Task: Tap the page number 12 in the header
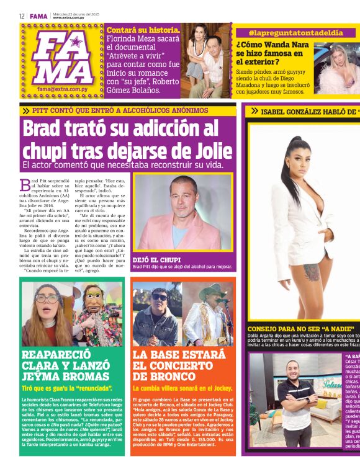click(x=22, y=16)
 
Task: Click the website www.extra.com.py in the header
click(x=70, y=18)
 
